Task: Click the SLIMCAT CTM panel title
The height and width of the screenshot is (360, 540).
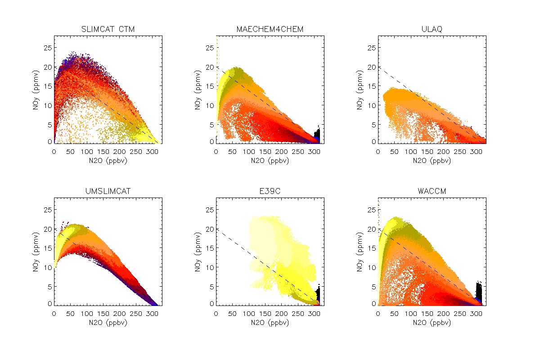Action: tap(108, 30)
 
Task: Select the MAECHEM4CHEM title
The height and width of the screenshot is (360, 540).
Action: tap(270, 30)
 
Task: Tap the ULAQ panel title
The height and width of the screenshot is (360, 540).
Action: tap(432, 30)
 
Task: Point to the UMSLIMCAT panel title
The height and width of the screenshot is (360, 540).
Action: tap(108, 192)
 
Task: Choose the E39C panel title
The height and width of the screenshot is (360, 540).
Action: tap(270, 192)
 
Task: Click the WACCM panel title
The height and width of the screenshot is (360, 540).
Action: tap(432, 192)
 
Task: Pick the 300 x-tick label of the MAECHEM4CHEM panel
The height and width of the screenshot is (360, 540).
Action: tap(314, 152)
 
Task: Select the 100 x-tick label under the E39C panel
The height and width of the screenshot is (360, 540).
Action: tap(249, 314)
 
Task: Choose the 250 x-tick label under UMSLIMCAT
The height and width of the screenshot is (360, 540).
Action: tap(136, 314)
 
